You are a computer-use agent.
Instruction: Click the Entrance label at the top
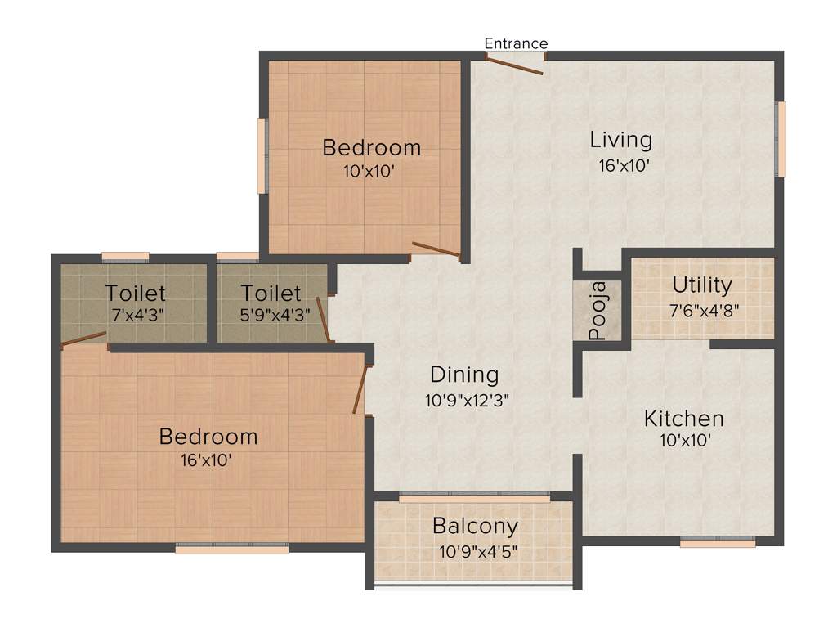coord(516,43)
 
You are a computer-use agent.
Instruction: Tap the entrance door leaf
coord(514,65)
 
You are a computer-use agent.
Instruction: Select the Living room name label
coord(621,140)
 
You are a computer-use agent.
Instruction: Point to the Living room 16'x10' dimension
coord(624,165)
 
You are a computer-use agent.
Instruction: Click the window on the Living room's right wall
coord(781,139)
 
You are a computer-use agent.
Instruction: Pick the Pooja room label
coord(598,311)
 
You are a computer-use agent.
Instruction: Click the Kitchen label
coord(684,419)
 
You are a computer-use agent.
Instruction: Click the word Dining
coord(464,375)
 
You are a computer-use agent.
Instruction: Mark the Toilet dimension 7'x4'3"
coord(136,315)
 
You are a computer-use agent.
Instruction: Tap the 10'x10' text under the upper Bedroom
coord(369,172)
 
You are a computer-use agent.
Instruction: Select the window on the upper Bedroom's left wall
coord(262,156)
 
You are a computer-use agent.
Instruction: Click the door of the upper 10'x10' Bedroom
coord(436,249)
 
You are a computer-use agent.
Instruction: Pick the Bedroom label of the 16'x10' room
coord(208,437)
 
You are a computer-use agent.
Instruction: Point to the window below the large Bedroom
coord(232,549)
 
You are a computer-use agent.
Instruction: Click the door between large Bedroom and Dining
coord(359,391)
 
